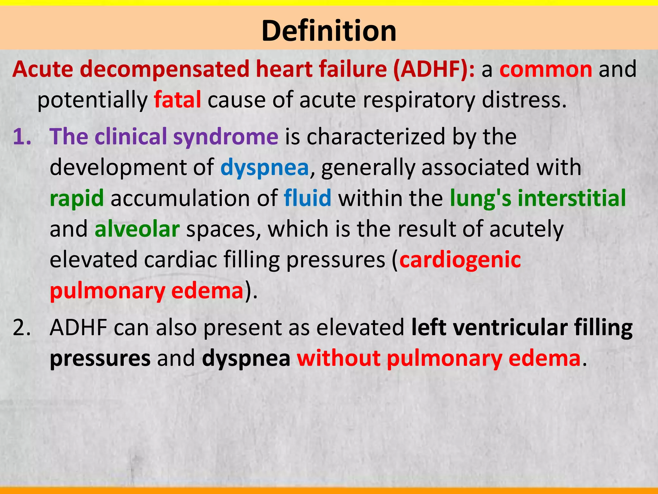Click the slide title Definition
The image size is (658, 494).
[x=329, y=31]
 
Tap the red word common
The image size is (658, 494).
[x=546, y=69]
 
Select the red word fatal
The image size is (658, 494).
[x=177, y=100]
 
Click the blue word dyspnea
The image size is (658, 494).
[x=264, y=168]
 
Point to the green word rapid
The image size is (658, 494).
[x=77, y=198]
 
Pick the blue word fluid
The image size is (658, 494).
[x=307, y=198]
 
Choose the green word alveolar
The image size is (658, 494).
[x=137, y=229]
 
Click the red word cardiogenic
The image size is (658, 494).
[x=460, y=260]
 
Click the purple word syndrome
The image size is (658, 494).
[x=226, y=137]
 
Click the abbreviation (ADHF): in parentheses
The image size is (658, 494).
[x=434, y=69]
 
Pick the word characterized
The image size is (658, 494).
[x=376, y=137]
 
